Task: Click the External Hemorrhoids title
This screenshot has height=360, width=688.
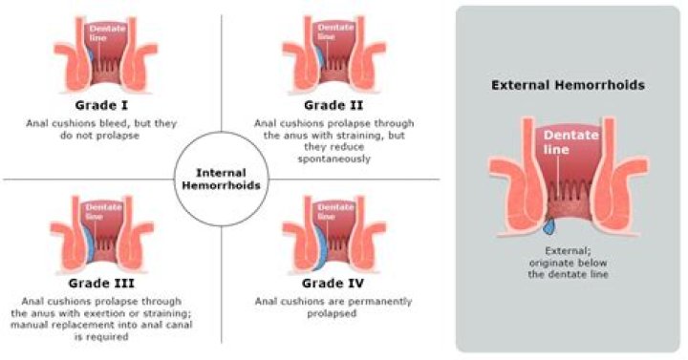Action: pos(568,85)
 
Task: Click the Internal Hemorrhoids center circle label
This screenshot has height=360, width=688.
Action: pos(223,179)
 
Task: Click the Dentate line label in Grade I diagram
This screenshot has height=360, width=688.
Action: pos(102,32)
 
